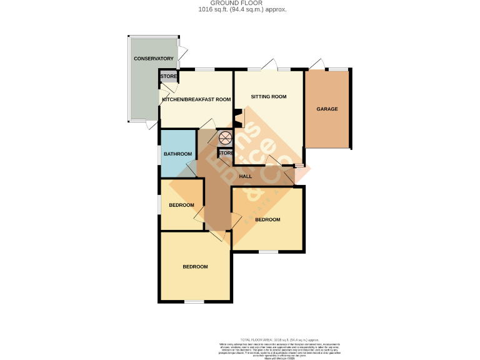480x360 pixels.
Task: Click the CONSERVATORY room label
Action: tap(153, 59)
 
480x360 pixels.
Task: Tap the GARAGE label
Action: tap(327, 109)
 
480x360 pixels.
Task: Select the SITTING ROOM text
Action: tap(269, 97)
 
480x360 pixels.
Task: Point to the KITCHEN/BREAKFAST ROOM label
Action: tap(196, 99)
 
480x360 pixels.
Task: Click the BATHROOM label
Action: tap(177, 154)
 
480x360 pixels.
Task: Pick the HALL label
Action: tap(246, 176)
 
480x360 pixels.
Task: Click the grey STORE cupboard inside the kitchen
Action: tap(169, 77)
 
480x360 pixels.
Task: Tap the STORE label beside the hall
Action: tap(226, 152)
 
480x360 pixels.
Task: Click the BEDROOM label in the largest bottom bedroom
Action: tap(195, 267)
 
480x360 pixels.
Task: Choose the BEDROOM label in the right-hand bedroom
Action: tap(267, 219)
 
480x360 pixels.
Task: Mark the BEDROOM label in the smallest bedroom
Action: tap(181, 205)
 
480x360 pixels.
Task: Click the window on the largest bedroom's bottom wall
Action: tap(194, 302)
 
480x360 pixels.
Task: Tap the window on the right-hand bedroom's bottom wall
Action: tap(269, 252)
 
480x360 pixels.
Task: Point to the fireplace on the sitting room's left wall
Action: tap(237, 118)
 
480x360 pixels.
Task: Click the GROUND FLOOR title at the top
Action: tap(240, 3)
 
